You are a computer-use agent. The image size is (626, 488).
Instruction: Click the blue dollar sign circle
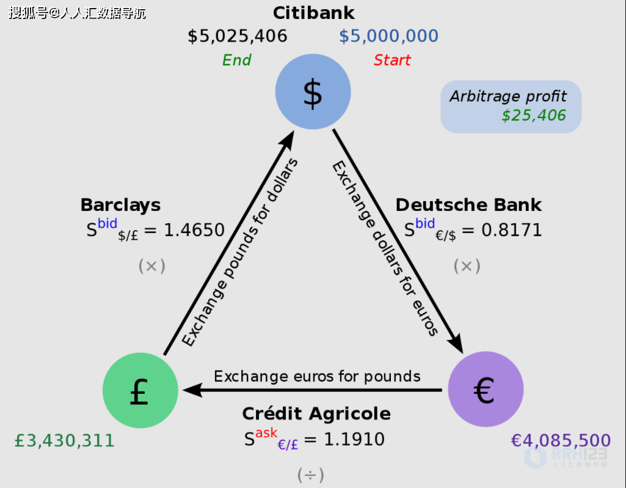click(x=313, y=92)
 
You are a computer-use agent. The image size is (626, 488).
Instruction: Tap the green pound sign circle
click(x=140, y=390)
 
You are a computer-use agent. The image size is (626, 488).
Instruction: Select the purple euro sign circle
click(x=486, y=390)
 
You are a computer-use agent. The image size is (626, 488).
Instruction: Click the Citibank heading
click(x=313, y=13)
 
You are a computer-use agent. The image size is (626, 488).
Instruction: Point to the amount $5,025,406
click(x=237, y=36)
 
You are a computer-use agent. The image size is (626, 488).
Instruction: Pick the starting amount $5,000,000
click(x=388, y=36)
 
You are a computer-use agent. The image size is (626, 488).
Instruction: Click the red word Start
click(x=392, y=60)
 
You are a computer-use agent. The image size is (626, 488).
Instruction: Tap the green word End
click(x=236, y=60)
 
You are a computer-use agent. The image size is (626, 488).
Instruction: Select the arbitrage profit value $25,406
click(x=534, y=115)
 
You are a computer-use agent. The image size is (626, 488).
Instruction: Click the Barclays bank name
click(x=120, y=204)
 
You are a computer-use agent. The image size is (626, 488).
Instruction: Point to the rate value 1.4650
click(x=194, y=230)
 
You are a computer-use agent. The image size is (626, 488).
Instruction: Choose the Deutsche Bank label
click(x=468, y=204)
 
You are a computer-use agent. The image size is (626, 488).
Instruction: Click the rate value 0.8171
click(x=512, y=230)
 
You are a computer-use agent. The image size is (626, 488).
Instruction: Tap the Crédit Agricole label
click(x=316, y=413)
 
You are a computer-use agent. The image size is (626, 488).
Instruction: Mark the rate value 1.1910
click(x=354, y=439)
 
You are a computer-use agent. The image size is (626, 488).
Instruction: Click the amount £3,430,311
click(x=65, y=440)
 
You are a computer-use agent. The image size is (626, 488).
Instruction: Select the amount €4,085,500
click(x=561, y=440)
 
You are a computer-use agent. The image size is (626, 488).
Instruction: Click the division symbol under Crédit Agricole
click(x=310, y=475)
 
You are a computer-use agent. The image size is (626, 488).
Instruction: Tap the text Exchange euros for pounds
click(x=317, y=375)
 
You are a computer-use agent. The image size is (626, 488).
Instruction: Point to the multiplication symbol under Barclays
click(x=151, y=265)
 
